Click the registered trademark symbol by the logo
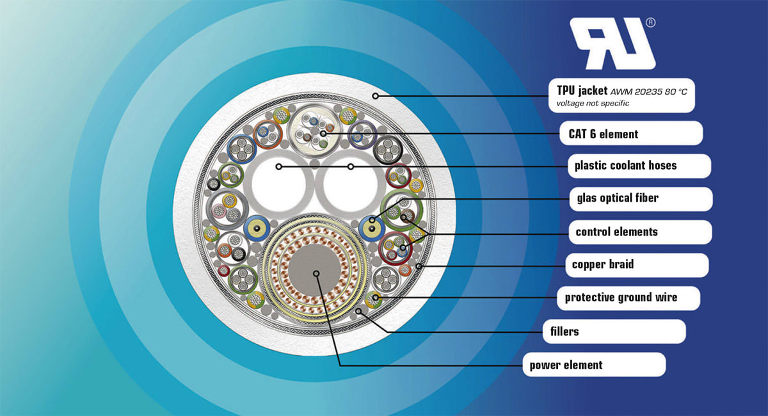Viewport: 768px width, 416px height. [651, 22]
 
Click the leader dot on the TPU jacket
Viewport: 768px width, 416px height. [376, 96]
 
